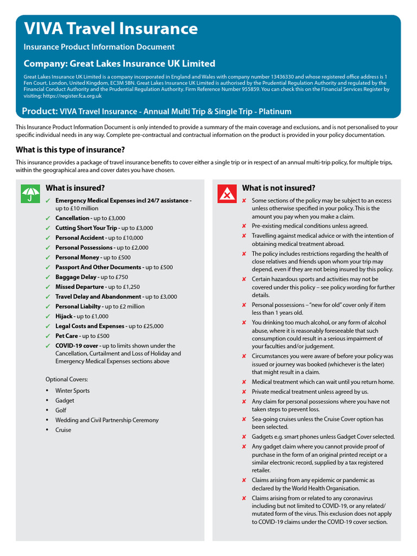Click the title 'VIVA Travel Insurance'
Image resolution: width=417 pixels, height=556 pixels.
pyautogui.click(x=110, y=28)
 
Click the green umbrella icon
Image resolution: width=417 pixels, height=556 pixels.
pyautogui.click(x=30, y=193)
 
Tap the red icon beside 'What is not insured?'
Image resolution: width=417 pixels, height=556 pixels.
pyautogui.click(x=226, y=193)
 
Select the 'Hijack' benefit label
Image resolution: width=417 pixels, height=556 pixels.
pyautogui.click(x=65, y=316)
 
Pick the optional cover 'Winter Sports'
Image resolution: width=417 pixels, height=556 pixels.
pyautogui.click(x=72, y=390)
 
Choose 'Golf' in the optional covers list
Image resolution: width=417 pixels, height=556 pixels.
pyautogui.click(x=61, y=410)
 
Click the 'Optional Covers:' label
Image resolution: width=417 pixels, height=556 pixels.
pyautogui.click(x=67, y=379)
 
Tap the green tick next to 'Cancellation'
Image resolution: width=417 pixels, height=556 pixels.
pyautogui.click(x=49, y=218)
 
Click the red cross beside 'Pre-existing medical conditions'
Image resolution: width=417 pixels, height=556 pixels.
pyautogui.click(x=244, y=226)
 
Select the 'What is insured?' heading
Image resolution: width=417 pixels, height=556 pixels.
pyautogui.click(x=75, y=188)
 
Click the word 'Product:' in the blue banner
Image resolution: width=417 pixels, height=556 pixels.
pyautogui.click(x=40, y=111)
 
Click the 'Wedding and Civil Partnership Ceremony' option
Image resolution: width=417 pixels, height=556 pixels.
pyautogui.click(x=107, y=420)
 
